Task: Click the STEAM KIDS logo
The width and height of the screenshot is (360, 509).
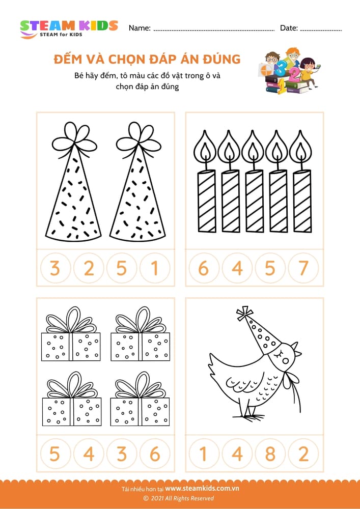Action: tap(69, 29)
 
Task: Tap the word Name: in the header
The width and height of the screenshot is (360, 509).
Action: tap(140, 28)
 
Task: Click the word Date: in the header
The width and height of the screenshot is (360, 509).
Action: tap(289, 28)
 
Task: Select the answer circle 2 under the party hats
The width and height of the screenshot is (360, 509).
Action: tap(89, 268)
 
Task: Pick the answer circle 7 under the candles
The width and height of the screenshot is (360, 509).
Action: tap(303, 268)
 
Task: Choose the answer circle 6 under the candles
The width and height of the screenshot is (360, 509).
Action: tap(204, 268)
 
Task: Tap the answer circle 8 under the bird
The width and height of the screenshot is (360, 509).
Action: tap(270, 454)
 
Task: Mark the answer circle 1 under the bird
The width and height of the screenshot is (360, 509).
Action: tap(204, 454)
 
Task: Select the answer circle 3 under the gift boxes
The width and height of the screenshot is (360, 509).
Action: tap(122, 454)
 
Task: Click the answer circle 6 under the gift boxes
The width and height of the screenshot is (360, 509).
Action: tap(155, 454)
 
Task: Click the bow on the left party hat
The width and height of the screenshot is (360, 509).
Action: tap(74, 138)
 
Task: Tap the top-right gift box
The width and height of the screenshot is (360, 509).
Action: tap(140, 334)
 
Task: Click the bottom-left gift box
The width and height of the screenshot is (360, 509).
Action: tap(72, 399)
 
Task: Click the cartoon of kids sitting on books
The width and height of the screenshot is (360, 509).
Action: tap(290, 71)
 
